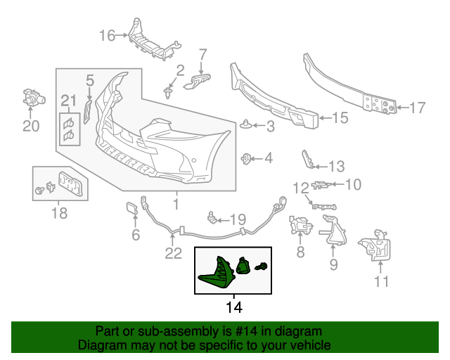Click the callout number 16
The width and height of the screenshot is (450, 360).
tap(107, 34)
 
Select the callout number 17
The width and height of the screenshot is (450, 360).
tap(417, 108)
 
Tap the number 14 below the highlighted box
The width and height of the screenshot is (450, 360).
tap(233, 307)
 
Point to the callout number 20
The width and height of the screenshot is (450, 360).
tap(31, 127)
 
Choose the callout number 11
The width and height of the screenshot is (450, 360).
tap(381, 283)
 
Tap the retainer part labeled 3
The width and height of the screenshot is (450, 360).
tap(246, 125)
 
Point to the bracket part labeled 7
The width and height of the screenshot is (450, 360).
tap(196, 82)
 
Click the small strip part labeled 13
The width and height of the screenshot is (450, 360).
tap(307, 160)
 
